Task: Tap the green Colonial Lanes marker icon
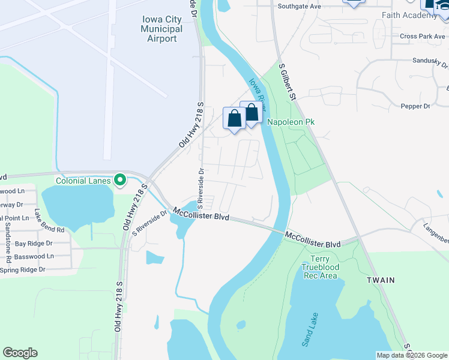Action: [x=120, y=180]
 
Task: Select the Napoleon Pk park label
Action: [x=291, y=122]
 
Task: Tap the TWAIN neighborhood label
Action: [x=381, y=280]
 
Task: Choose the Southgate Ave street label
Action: [x=300, y=7]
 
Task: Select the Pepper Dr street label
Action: [x=415, y=106]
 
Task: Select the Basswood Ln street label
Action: [x=34, y=256]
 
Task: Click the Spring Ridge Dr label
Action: [x=23, y=270]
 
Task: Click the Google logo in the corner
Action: [x=20, y=353]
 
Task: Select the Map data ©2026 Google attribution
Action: [x=412, y=355]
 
